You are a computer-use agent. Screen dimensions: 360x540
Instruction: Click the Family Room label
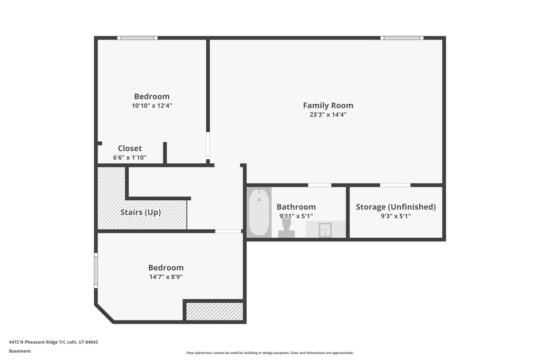coord(327,105)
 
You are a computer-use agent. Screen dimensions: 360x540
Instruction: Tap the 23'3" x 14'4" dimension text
coord(327,114)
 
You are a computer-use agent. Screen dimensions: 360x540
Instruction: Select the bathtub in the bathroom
coord(258,212)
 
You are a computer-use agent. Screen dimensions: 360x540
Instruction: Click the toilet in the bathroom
coord(286,227)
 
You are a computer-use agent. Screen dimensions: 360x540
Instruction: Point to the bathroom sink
coord(325,230)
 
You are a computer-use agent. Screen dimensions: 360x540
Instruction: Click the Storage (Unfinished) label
coord(396,207)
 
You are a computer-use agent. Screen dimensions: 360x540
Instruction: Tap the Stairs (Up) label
coord(140,212)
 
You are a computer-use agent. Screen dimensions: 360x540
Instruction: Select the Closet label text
coord(130,149)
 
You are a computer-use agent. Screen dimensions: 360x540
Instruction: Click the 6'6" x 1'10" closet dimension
coord(130,158)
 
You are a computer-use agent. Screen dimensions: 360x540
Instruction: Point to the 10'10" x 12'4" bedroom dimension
coord(152,105)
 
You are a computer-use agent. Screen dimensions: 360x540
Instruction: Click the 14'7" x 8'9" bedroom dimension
coord(166,277)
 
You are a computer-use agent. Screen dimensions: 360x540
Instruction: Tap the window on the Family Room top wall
coord(402,38)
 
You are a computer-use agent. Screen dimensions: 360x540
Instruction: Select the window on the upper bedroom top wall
coord(137,38)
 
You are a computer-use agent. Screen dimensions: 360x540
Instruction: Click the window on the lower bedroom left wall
coord(96,270)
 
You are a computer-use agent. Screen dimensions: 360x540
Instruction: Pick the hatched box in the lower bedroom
coord(215,311)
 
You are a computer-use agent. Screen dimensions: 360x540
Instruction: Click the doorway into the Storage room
coord(395,185)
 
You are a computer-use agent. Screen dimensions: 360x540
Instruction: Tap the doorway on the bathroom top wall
coord(320,185)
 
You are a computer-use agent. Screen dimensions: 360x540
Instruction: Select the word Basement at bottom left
coord(20,351)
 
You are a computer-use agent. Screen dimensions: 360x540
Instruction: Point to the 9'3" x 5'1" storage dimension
coord(396,216)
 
